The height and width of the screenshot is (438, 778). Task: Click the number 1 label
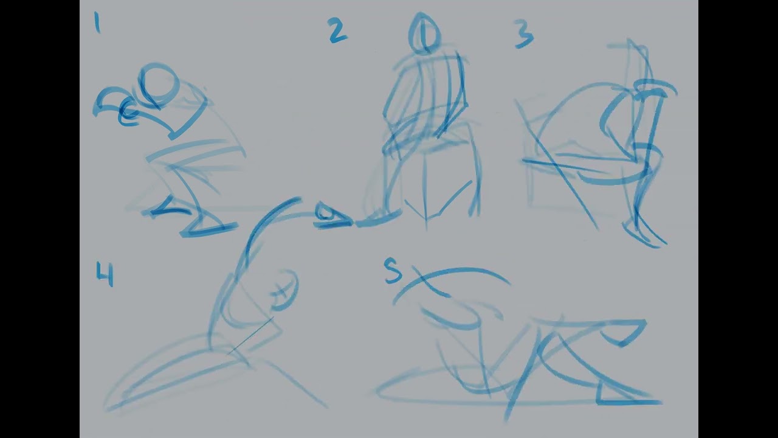(97, 23)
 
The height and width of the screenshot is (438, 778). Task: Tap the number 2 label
(337, 30)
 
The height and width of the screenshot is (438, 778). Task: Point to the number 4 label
(105, 274)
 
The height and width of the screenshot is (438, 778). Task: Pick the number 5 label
(393, 271)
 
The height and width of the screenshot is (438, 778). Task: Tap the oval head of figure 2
(424, 34)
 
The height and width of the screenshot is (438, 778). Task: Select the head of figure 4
(285, 289)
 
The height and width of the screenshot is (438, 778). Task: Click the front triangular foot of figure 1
(208, 226)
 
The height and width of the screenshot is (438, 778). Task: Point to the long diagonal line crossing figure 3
(556, 164)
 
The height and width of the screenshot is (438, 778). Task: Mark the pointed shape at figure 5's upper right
(625, 333)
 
